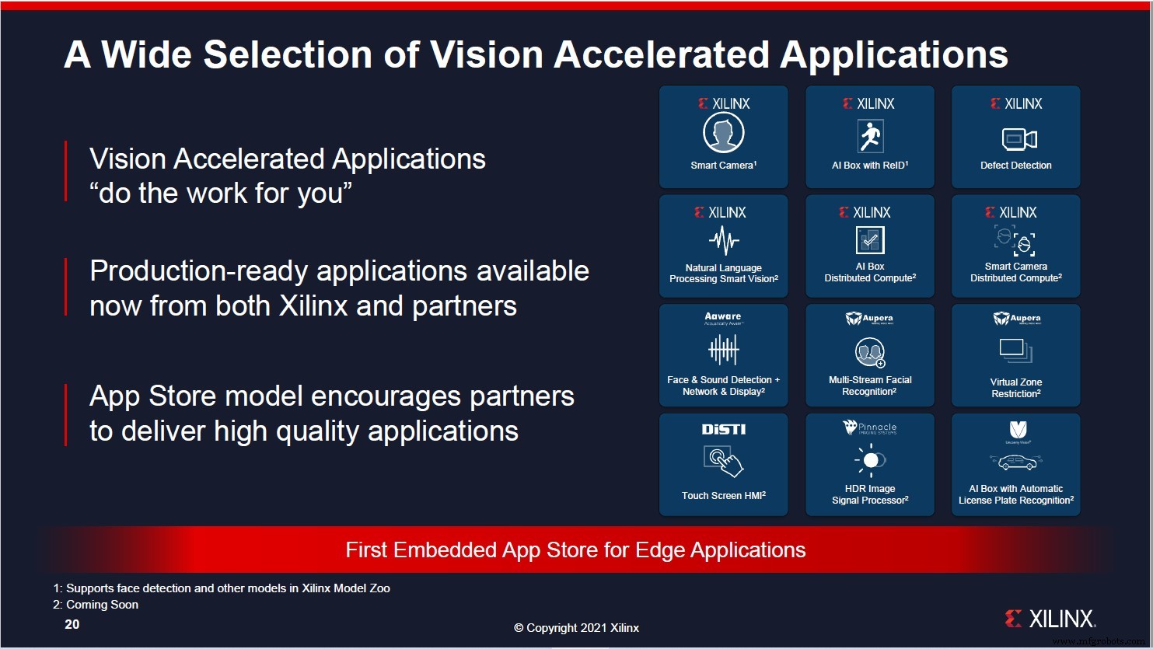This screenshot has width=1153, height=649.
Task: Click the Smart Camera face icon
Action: [723, 134]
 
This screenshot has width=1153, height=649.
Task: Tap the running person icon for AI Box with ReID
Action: [870, 137]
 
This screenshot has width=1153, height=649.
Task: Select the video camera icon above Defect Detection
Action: [1018, 139]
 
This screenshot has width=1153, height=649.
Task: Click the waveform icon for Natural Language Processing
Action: [724, 240]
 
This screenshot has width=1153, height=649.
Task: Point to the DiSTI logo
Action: [723, 430]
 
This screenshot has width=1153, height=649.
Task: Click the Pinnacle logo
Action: [870, 427]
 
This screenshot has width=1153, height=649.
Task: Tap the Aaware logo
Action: [723, 317]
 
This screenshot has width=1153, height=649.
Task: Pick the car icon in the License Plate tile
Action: [1016, 463]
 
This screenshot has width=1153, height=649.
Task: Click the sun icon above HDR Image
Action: [870, 460]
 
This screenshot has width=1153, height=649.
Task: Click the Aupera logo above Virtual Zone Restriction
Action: [1016, 319]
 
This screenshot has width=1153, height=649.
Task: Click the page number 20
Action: [72, 624]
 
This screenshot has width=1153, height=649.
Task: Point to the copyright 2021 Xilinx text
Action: [576, 628]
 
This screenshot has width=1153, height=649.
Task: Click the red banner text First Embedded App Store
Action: [575, 550]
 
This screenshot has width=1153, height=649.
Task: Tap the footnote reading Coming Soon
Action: [102, 605]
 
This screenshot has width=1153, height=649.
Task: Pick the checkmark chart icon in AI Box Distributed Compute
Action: [870, 240]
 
